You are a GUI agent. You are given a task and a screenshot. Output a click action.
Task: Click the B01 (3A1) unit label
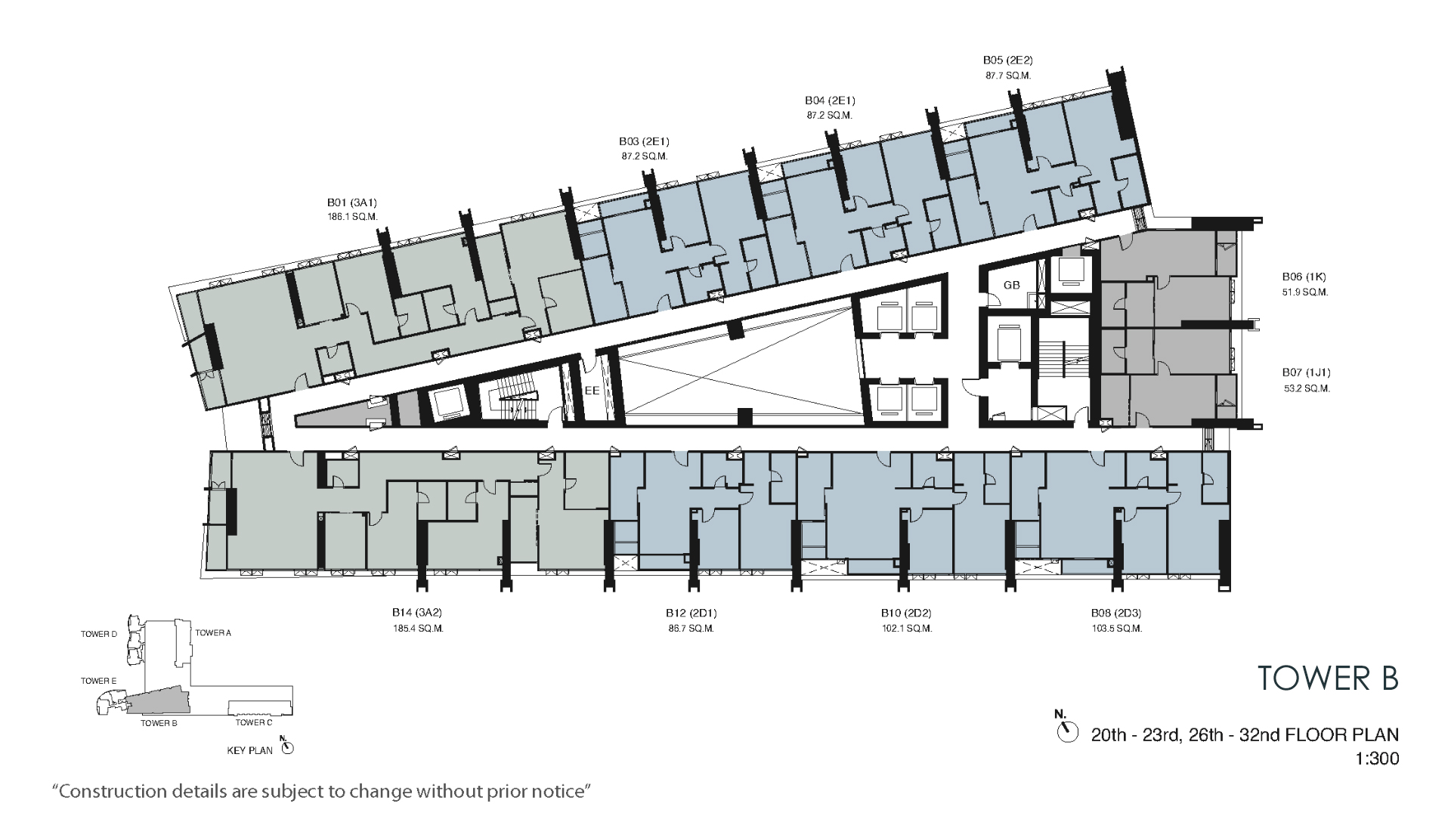pos(352,202)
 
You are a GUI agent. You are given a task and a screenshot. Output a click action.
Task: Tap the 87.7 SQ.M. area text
pos(1008,76)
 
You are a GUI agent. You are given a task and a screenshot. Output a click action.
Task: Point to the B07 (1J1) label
pos(1306,372)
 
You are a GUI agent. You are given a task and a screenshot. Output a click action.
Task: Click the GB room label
pos(1012,285)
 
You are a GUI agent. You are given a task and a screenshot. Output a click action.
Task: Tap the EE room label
pos(592,391)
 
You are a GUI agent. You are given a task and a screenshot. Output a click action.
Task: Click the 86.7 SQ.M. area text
pos(691,629)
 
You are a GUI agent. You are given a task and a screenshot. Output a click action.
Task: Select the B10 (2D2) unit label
pos(906,614)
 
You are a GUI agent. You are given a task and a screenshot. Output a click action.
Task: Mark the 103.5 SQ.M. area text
pos(1116,629)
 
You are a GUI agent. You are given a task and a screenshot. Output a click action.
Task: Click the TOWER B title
pos(1329,678)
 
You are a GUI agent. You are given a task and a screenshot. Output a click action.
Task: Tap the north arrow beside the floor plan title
pos(1067,731)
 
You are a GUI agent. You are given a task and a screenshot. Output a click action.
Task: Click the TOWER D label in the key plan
pos(99,635)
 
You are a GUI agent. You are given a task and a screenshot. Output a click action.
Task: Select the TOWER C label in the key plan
pos(253,723)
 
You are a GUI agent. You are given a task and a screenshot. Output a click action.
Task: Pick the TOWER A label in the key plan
pos(213,633)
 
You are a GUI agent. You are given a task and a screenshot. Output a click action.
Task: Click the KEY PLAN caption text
pos(250,751)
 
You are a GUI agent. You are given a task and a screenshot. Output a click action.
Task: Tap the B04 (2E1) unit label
pos(830,100)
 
